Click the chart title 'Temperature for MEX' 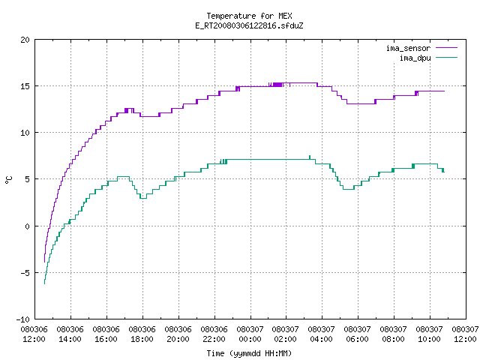[249, 16]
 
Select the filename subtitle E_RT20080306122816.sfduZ [249, 25]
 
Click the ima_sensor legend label [408, 48]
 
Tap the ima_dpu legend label [415, 58]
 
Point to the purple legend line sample [447, 48]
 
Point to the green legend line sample [447, 57]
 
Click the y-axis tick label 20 [25, 40]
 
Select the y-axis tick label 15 [25, 86]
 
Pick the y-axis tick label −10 [23, 319]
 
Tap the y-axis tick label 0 [28, 226]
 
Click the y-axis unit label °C [9, 180]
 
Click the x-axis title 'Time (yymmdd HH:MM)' [249, 353]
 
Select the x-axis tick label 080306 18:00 [142, 334]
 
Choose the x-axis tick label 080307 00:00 [250, 334]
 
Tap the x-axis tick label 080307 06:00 [357, 334]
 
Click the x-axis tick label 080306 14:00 [70, 334]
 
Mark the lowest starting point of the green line [45, 283]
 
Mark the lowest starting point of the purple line [45, 262]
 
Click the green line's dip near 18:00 [143, 198]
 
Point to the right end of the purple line [444, 91]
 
